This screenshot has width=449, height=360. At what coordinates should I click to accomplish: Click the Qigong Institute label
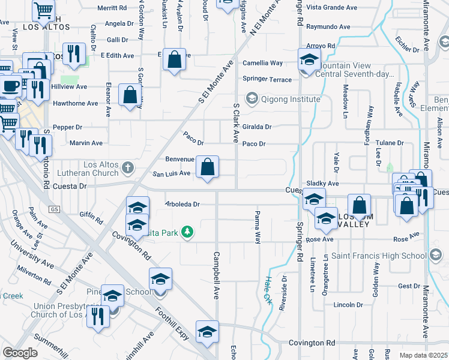click(x=282, y=98)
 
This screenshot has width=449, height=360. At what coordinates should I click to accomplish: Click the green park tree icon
click(x=188, y=232)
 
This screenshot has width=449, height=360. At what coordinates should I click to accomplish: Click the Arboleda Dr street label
click(x=182, y=204)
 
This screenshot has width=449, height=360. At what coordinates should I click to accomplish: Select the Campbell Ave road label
click(x=215, y=276)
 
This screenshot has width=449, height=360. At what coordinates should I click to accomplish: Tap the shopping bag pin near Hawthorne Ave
click(x=130, y=95)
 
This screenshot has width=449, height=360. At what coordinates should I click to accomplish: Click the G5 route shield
click(x=55, y=209)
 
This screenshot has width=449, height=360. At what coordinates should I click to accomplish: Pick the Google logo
click(x=20, y=353)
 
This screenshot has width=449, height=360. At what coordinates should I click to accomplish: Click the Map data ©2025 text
click(x=423, y=355)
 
